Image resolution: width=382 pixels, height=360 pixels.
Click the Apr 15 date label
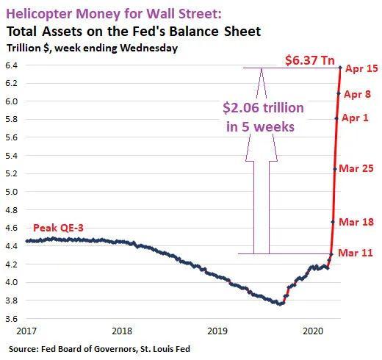(x=361, y=68)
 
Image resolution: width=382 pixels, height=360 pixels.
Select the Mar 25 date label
(x=356, y=168)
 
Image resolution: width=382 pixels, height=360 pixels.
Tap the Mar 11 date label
(x=356, y=253)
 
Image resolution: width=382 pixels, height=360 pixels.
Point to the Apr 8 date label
(x=357, y=94)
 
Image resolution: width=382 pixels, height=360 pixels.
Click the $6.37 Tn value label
(x=310, y=60)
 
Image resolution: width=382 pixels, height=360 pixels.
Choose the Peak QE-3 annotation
(x=58, y=228)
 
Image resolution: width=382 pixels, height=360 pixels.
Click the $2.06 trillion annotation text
(x=263, y=108)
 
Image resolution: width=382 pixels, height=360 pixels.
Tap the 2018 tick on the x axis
(x=122, y=331)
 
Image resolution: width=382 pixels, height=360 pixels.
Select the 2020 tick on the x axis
(x=313, y=331)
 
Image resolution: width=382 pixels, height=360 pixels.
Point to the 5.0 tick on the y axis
(x=12, y=192)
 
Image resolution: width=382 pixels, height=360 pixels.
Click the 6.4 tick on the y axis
(x=12, y=65)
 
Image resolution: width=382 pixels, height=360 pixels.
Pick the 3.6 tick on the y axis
(x=12, y=319)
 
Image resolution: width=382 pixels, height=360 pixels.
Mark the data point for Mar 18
(x=333, y=222)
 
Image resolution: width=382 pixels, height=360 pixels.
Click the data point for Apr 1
(x=336, y=119)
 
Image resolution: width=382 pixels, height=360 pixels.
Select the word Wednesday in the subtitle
(x=149, y=48)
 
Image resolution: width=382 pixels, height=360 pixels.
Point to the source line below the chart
(x=99, y=349)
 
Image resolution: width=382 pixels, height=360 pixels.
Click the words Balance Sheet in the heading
(x=215, y=32)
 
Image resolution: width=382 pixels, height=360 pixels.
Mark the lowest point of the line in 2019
(x=280, y=304)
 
